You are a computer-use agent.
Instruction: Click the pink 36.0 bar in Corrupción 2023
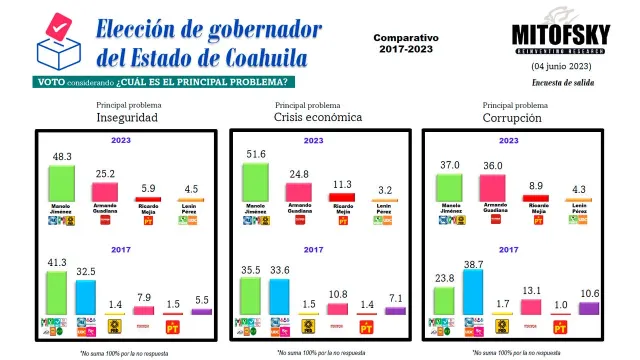[x=491, y=187]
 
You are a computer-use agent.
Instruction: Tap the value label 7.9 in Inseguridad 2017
[x=143, y=296]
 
